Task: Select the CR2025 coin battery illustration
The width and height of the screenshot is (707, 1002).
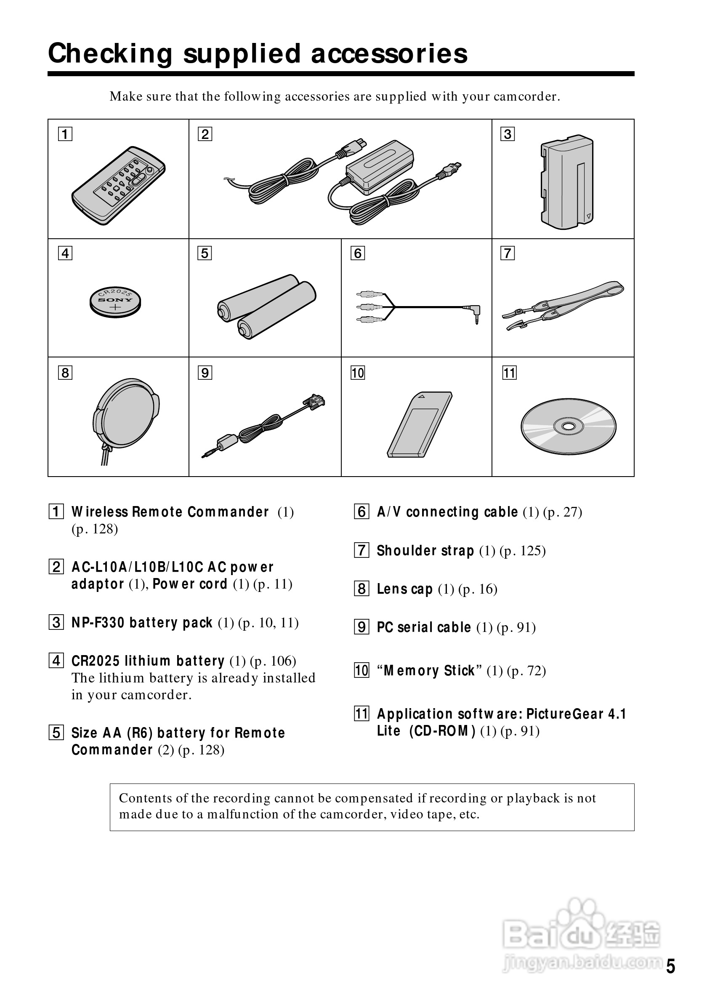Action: coord(115,301)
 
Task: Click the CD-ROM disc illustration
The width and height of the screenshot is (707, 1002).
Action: coord(568,426)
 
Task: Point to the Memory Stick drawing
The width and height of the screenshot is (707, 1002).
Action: coord(419,425)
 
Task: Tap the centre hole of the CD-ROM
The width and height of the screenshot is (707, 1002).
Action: coord(568,426)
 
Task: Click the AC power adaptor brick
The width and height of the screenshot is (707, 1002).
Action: coord(379,168)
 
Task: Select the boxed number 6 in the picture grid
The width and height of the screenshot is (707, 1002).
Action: coord(358,253)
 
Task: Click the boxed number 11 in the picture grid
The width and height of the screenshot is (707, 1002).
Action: coord(509,373)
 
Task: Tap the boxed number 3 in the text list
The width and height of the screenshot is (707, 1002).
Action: coord(56,623)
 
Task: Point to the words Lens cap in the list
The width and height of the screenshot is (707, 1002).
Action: coord(404,589)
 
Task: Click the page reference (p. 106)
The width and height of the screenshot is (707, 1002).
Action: coord(273,661)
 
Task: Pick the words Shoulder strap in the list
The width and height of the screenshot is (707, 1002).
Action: coord(425,551)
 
